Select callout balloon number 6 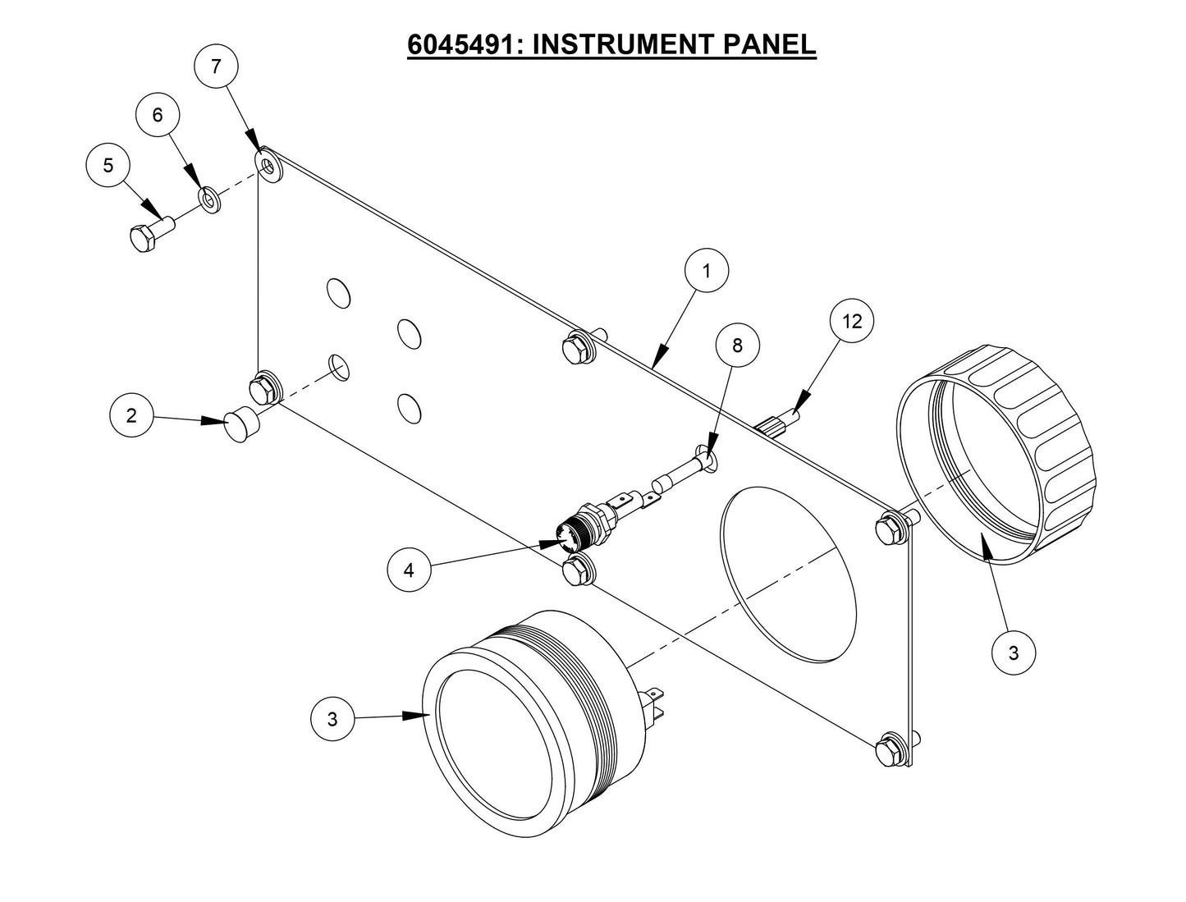tap(158, 116)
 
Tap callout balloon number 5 tap(108, 165)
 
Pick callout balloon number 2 tap(132, 415)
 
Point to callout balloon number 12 tap(851, 322)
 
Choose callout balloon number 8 tap(737, 346)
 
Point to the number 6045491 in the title tap(464, 43)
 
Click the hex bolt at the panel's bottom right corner tap(890, 753)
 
